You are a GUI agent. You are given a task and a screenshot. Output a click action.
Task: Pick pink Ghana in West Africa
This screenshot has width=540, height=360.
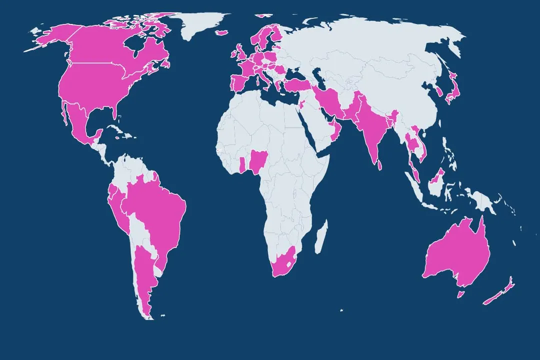point(242,164)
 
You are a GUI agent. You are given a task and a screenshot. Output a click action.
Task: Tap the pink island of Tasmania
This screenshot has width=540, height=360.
point(460,294)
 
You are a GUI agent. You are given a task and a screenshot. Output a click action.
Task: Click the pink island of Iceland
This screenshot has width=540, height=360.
point(222,32)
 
